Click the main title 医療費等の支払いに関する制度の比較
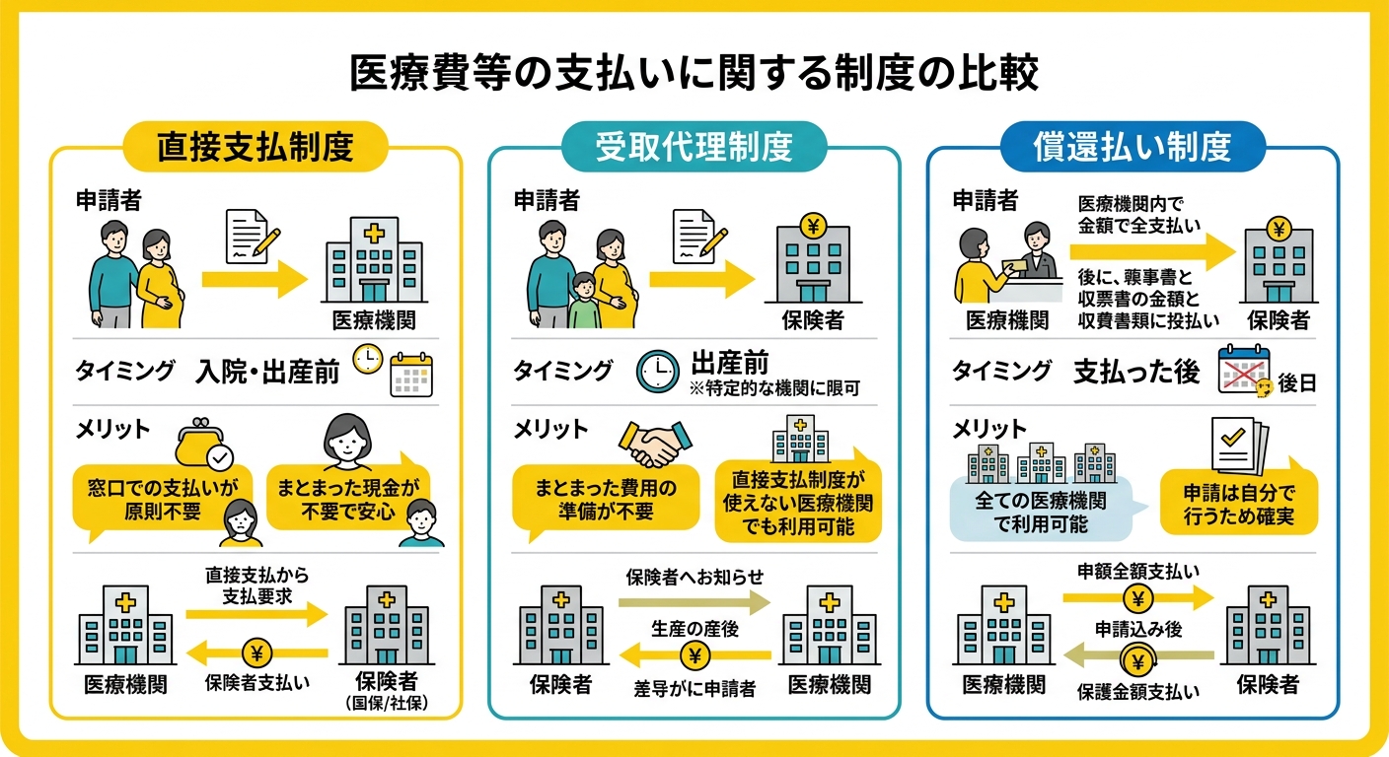tap(694, 73)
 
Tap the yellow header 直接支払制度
tap(256, 147)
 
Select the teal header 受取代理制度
tap(694, 147)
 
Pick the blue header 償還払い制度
tap(1133, 147)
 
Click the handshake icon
tap(655, 444)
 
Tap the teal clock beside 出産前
tap(658, 371)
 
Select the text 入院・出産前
tap(268, 372)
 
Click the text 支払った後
tap(1136, 371)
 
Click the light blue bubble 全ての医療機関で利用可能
tap(1042, 512)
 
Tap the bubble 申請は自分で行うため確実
tap(1239, 503)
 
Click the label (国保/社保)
tap(387, 703)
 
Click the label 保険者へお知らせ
tap(694, 578)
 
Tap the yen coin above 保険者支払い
tap(256, 653)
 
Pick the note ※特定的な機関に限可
tap(774, 388)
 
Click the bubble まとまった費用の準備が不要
tap(605, 500)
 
